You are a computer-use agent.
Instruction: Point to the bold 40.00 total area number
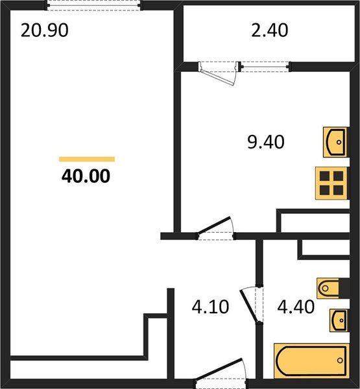[86, 176]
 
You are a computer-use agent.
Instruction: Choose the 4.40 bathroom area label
[296, 306]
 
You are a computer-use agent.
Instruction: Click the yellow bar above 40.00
[86, 159]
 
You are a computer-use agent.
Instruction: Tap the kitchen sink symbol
[335, 141]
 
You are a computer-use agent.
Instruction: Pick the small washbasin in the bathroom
[339, 320]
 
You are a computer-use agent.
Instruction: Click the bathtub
[311, 362]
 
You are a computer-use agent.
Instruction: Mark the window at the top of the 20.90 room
[93, 5]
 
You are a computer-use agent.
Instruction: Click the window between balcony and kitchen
[264, 65]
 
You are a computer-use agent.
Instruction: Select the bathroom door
[252, 309]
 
